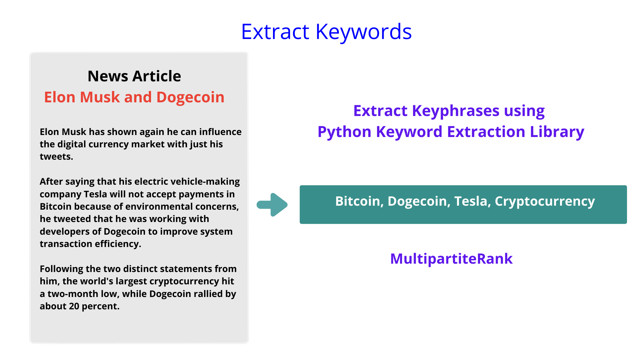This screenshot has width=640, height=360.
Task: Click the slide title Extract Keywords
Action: coord(326,32)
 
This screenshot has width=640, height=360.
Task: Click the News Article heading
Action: coord(134,76)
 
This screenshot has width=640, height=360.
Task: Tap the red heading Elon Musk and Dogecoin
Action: coord(134,97)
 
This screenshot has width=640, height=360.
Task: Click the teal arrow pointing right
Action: coord(273,205)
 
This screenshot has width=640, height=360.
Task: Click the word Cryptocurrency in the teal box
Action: coord(545,201)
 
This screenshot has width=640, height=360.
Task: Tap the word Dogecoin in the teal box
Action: coord(418,201)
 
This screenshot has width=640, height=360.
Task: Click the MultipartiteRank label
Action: coord(451,259)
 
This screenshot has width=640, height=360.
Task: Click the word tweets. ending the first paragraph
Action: coord(56,157)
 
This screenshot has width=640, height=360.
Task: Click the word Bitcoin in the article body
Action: coord(55,207)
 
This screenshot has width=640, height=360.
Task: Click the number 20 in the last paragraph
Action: coord(74,306)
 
